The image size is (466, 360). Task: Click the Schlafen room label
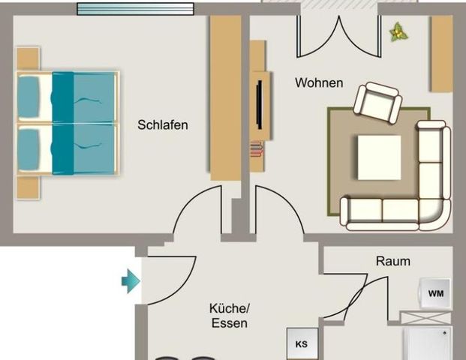point(162,125)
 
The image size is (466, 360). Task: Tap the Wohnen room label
point(319,82)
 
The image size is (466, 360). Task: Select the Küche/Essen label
point(229,316)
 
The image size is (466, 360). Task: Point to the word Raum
point(393,261)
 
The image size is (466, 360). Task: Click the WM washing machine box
point(436,294)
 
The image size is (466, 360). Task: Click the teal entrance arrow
point(131,282)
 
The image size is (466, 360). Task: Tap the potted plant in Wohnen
point(397,31)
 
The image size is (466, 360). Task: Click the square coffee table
point(379,157)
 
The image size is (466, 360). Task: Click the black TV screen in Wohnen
point(257,104)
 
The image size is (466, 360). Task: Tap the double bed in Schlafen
point(68,123)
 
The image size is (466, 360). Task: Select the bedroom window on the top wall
point(135,9)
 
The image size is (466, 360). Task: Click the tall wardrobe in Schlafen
point(224,97)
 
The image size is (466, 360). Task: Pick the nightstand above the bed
point(28,58)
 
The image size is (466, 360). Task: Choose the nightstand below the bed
point(28,187)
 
